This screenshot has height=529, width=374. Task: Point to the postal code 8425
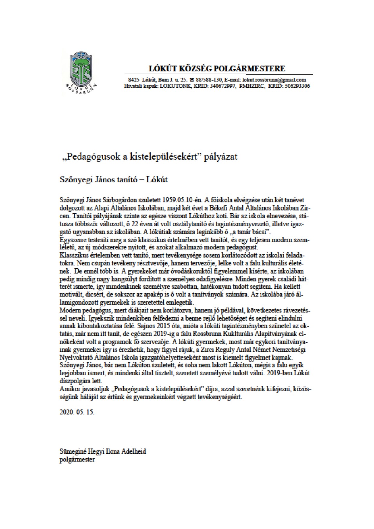coord(133,80)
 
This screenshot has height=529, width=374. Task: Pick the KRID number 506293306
coord(296,86)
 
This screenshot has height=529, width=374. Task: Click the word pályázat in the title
coord(222,157)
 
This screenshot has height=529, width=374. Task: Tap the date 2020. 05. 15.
coord(77,412)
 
